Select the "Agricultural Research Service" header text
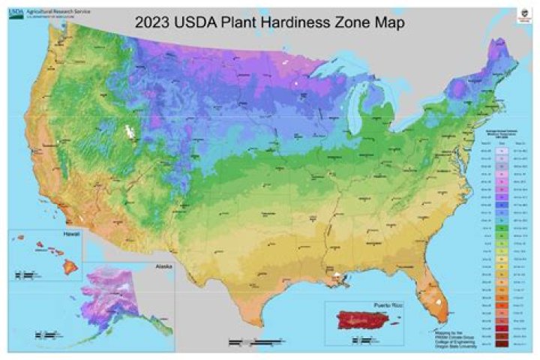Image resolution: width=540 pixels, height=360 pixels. [x=56, y=13]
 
